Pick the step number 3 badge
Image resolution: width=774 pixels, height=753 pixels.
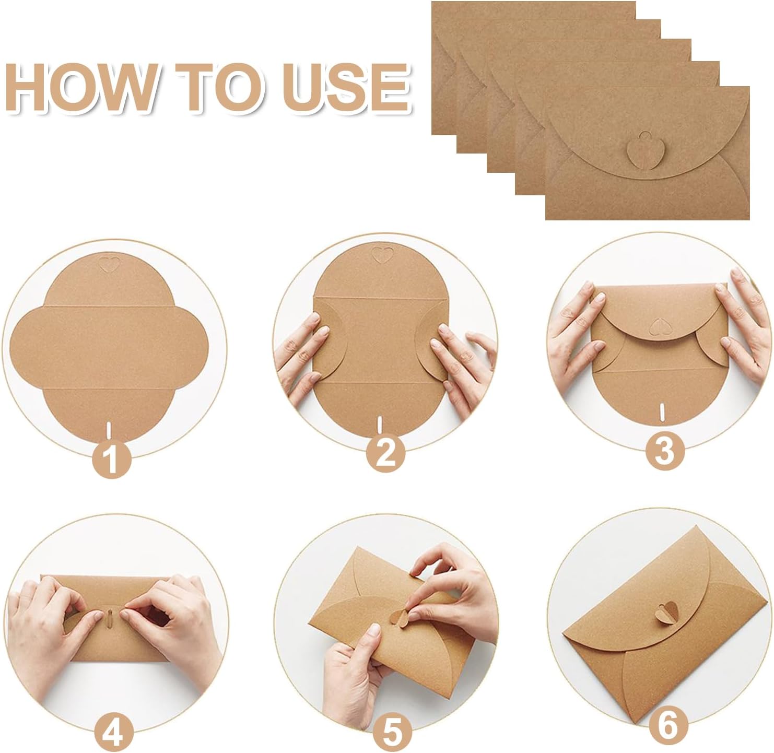pyautogui.click(x=665, y=451)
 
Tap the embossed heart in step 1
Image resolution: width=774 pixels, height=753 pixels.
pyautogui.click(x=109, y=263)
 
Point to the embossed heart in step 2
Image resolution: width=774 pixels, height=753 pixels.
pyautogui.click(x=382, y=255)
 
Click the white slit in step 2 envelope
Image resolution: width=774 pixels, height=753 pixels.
pyautogui.click(x=380, y=425)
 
